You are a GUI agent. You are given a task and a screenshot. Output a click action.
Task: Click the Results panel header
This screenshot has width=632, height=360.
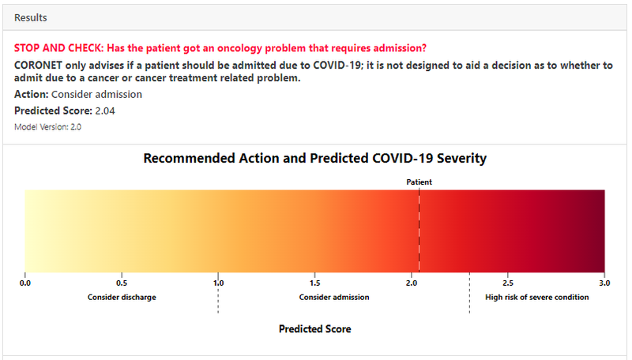[x=30, y=17]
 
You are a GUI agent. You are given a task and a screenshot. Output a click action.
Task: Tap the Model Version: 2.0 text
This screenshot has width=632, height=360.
[x=48, y=126]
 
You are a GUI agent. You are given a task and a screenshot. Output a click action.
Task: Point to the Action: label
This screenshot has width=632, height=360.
[x=31, y=95]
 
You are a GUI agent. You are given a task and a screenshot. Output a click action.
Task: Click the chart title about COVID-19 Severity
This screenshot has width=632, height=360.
[x=314, y=159]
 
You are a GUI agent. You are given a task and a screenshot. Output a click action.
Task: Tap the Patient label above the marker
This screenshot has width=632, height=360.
[x=419, y=182]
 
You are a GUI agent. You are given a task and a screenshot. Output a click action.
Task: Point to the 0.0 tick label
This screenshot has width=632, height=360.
[x=25, y=283]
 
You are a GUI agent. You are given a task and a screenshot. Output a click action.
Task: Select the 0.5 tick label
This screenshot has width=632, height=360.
[x=122, y=283]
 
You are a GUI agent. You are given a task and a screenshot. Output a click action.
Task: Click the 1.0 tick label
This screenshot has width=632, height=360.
[x=218, y=283]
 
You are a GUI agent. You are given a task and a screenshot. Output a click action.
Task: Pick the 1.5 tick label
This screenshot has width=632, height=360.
[x=314, y=283]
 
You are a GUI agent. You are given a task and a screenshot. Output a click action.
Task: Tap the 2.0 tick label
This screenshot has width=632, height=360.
[x=412, y=283]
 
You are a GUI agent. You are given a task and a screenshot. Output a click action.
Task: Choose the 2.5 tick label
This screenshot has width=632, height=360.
[x=508, y=283]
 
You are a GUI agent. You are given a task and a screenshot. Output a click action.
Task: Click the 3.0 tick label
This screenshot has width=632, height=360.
[x=604, y=283]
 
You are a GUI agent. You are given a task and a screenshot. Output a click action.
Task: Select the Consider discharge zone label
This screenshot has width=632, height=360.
[x=122, y=298]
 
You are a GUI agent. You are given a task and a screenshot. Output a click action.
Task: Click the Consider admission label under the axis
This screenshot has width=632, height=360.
[x=333, y=298]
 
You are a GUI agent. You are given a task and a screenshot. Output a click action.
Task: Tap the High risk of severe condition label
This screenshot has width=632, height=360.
[x=536, y=298]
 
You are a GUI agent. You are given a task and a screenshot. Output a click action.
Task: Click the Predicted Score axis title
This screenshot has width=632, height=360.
[x=314, y=328]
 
